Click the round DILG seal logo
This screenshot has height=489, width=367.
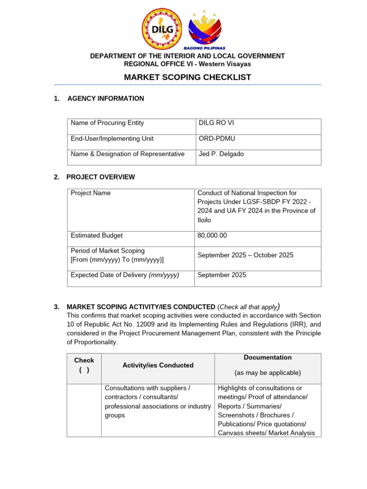point(162,28)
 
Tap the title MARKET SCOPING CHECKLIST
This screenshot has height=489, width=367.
point(187,77)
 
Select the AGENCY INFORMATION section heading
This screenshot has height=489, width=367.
point(105,98)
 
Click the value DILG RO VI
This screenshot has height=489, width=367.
point(216,123)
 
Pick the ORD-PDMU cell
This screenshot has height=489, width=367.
point(216,138)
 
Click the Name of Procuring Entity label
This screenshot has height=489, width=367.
point(107,123)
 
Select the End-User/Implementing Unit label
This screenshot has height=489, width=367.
point(112,138)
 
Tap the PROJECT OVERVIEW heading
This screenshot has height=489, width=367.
point(100,177)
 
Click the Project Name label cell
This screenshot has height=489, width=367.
point(91,193)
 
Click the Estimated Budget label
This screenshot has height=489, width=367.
point(97,235)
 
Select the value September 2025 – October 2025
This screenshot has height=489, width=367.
point(245,255)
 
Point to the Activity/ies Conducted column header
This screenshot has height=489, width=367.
point(158,365)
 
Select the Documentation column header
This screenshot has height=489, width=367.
point(268,357)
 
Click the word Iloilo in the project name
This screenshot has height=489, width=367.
point(206,220)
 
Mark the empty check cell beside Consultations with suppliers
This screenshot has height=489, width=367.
point(84,410)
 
